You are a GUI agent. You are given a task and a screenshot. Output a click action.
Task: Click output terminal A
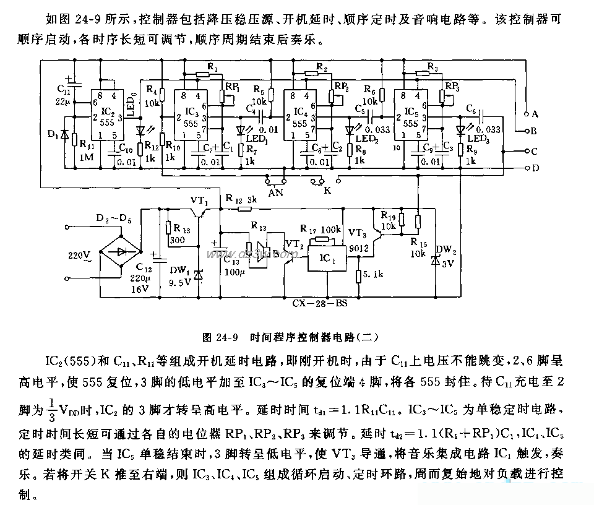[x=527, y=114]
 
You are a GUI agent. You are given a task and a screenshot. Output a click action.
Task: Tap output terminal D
[x=527, y=168]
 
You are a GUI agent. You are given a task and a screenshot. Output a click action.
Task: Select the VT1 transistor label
[x=199, y=202]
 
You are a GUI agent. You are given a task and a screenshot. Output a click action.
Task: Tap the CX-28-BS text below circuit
[x=321, y=304]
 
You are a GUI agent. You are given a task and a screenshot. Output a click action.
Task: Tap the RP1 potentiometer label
[x=231, y=87]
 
